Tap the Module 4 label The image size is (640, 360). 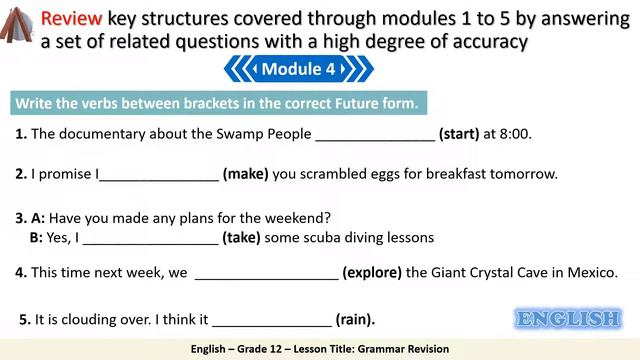click(x=298, y=69)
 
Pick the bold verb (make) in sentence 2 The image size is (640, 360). click(x=245, y=174)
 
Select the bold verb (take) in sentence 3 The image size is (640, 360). click(x=241, y=238)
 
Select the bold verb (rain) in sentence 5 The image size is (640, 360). click(x=355, y=320)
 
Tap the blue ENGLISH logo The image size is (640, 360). click(x=567, y=319)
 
